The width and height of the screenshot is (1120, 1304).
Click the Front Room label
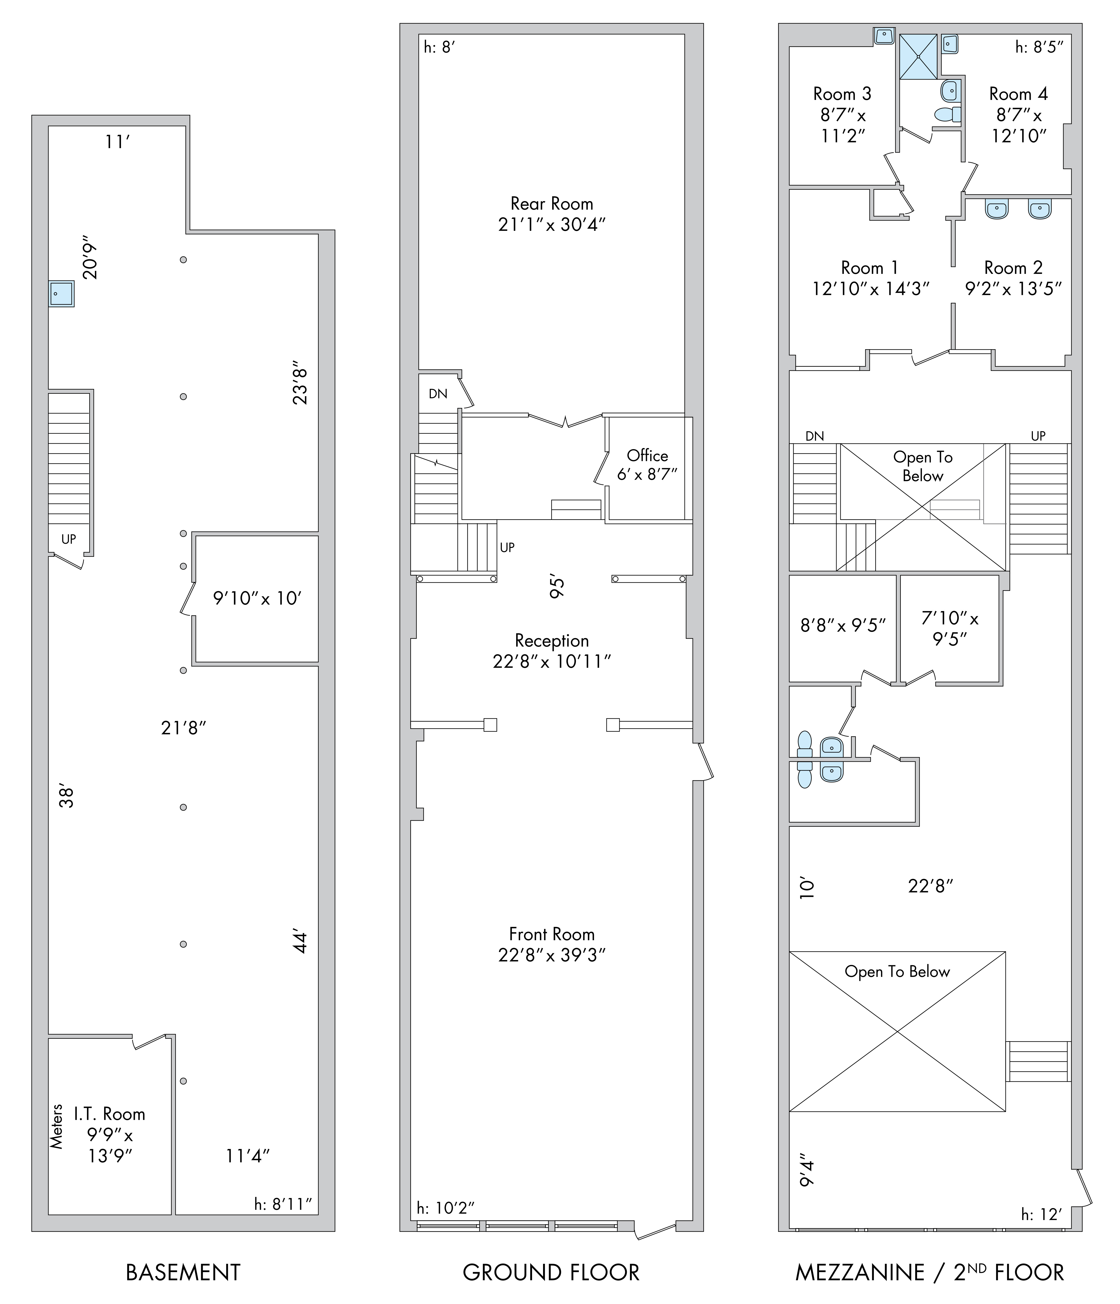pyautogui.click(x=551, y=934)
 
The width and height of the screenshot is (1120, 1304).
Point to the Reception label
pyautogui.click(x=552, y=641)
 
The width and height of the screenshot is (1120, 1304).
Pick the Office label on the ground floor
pyautogui.click(x=647, y=456)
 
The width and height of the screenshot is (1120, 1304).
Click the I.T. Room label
pyautogui.click(x=110, y=1114)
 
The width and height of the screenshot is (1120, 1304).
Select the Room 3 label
pyautogui.click(x=842, y=94)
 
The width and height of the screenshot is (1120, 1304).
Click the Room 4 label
pyautogui.click(x=1019, y=94)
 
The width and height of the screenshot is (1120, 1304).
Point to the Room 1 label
pyautogui.click(x=870, y=268)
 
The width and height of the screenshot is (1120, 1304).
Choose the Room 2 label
pyautogui.click(x=1014, y=268)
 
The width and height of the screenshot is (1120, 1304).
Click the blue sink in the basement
pyautogui.click(x=62, y=294)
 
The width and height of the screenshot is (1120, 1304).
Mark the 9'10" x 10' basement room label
pyautogui.click(x=258, y=598)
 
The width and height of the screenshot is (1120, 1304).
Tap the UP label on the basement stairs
pyautogui.click(x=69, y=539)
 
